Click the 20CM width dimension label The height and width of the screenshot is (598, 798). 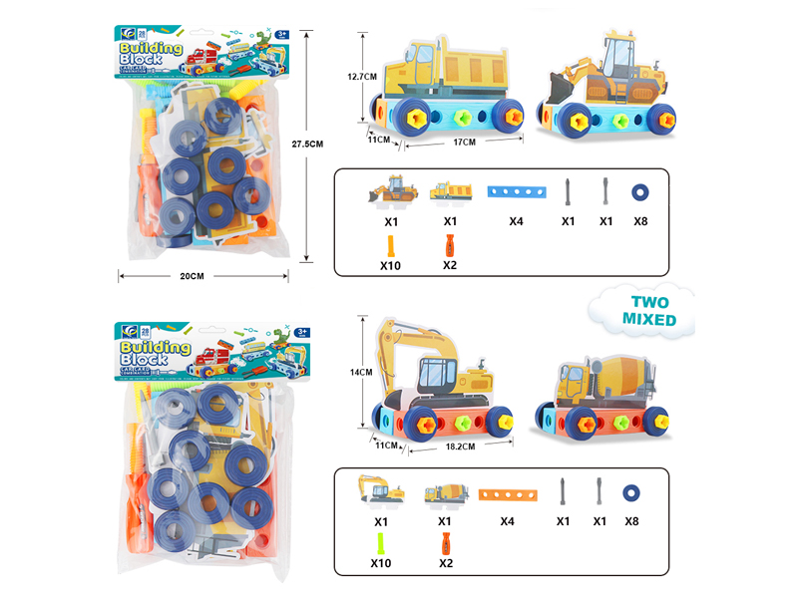click(193, 276)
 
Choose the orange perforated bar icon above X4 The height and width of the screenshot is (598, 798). click(509, 493)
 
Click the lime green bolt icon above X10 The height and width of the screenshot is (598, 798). click(382, 544)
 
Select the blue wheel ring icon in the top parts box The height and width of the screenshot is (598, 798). click(639, 191)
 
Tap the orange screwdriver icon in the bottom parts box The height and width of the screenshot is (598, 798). click(445, 544)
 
